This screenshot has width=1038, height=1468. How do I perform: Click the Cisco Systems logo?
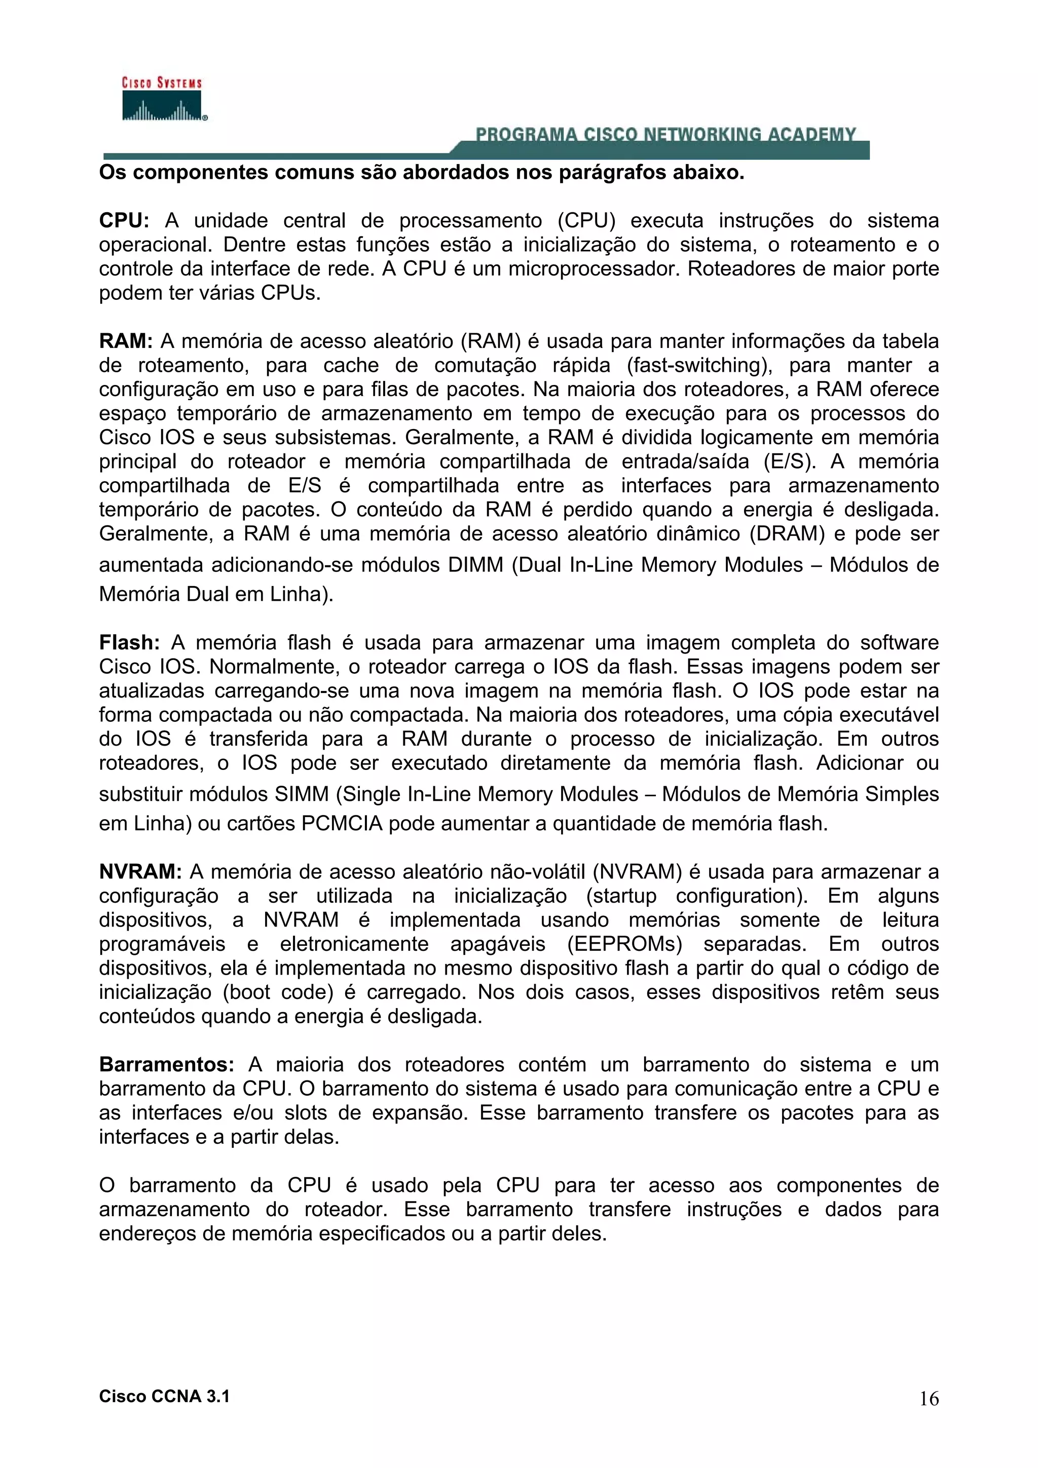coord(163,99)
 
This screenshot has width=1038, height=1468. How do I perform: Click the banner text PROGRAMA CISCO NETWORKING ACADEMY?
coord(665,134)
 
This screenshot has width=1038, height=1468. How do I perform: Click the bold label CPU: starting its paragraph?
coord(124,220)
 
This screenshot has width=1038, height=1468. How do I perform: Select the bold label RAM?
coord(125,341)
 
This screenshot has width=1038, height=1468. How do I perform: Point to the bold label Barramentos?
coord(166,1065)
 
